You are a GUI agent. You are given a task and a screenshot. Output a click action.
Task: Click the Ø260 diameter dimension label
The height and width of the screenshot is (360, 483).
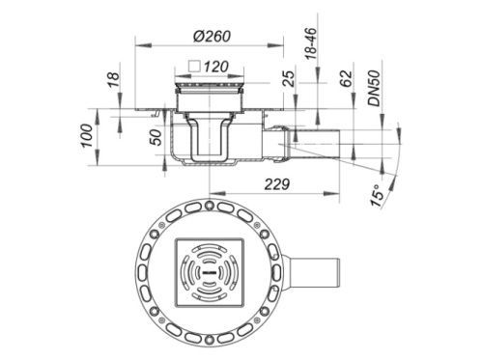212,36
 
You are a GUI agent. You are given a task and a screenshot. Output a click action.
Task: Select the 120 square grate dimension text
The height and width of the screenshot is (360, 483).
216,67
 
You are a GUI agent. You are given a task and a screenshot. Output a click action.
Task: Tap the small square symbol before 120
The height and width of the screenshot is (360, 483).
195,67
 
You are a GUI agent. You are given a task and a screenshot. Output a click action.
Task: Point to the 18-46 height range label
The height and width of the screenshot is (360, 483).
311,43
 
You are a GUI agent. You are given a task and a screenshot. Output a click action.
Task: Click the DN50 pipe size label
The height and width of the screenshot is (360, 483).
375,89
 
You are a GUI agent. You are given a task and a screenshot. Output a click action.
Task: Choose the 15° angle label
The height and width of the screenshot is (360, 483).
377,195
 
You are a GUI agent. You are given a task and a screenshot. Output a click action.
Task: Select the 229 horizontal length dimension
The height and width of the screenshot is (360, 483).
277,184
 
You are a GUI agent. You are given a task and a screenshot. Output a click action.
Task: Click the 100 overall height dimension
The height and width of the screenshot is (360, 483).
87,136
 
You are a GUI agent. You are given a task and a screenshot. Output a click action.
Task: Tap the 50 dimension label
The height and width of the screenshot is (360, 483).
156,137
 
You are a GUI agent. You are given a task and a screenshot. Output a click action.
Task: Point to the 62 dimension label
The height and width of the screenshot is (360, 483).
346,79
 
